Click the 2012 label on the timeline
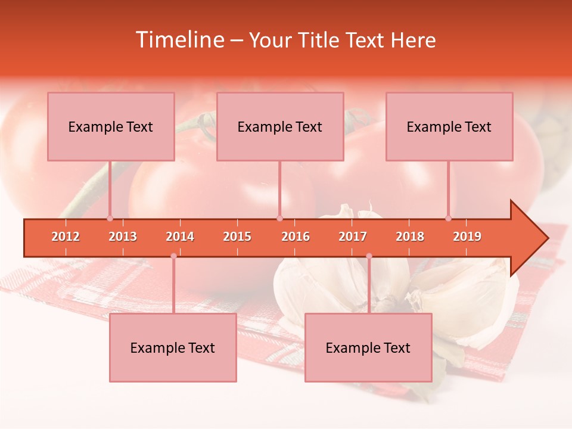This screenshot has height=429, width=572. (66, 237)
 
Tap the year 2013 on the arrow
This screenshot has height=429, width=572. (123, 237)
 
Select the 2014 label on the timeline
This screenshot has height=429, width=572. (180, 237)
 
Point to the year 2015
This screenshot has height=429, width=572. (237, 237)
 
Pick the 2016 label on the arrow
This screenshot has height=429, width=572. (296, 237)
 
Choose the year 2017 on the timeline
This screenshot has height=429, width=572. (353, 237)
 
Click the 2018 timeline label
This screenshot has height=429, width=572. (410, 237)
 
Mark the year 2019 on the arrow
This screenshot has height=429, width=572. (467, 237)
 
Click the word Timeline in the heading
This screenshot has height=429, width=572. (180, 40)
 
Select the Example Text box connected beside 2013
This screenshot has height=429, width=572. (111, 126)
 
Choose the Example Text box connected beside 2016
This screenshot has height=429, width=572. (280, 126)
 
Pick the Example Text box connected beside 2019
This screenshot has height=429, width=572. (449, 126)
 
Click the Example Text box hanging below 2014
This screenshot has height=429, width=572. (173, 347)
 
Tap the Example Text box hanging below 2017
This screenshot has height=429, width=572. (368, 347)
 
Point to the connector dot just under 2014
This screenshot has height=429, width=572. (173, 256)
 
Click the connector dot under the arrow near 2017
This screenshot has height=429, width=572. (369, 256)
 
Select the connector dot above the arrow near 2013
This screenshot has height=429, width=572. (110, 218)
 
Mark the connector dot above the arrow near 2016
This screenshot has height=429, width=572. (279, 218)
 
